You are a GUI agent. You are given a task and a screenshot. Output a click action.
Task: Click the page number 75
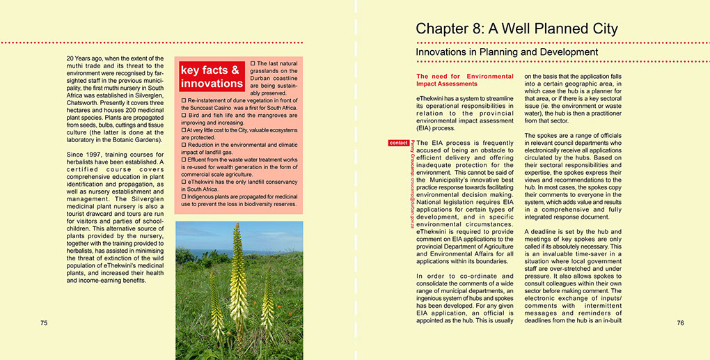[44, 323]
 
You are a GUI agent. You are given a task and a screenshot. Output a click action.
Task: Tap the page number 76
[680, 323]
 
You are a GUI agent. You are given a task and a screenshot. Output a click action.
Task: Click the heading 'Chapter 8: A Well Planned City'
[516, 29]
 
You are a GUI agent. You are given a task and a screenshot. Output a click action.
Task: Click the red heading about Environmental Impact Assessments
[464, 80]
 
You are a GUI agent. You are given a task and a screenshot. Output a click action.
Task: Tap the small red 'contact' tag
[399, 143]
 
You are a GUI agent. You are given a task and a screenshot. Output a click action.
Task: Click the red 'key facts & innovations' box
[212, 77]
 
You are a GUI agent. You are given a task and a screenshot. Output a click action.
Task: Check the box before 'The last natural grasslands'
[253, 64]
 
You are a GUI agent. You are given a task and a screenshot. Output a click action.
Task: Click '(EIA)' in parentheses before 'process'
[427, 128]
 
